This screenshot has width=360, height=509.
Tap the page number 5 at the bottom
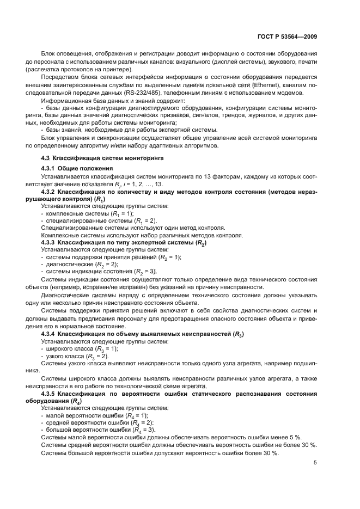(315, 463)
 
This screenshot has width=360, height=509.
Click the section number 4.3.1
(49, 169)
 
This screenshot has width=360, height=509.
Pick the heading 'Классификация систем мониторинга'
(108, 158)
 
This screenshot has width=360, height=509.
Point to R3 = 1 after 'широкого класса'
(103, 349)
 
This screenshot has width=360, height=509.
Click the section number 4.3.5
(49, 393)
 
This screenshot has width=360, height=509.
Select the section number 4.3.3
(49, 242)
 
